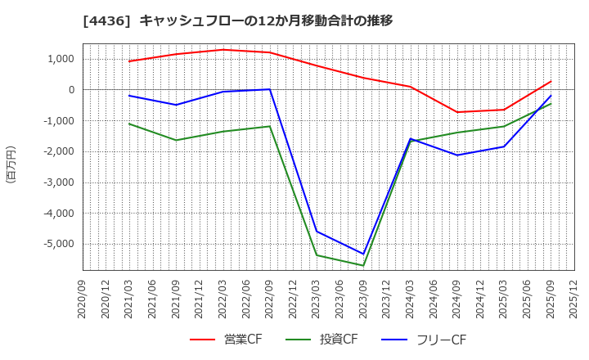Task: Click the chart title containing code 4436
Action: tap(237, 20)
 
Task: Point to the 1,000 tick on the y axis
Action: tap(61, 59)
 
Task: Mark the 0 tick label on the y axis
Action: tap(71, 90)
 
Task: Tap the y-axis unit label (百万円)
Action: tap(11, 164)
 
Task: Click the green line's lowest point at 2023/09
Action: tap(363, 265)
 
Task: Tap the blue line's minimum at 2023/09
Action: tap(363, 254)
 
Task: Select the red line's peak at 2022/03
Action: tap(223, 50)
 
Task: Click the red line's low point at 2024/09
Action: tap(457, 112)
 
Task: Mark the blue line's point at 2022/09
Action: tap(270, 89)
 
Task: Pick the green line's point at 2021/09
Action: tap(176, 140)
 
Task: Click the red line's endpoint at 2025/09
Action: tap(551, 81)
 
